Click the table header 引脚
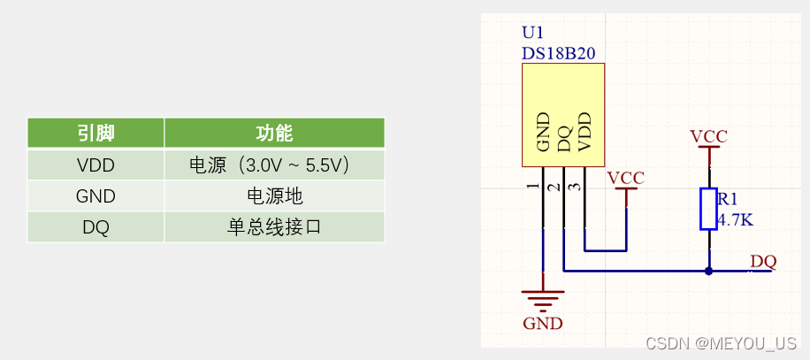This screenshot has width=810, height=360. (96, 134)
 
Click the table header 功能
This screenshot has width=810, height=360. (274, 134)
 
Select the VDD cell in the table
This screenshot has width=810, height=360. (96, 165)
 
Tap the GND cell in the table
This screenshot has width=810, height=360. (96, 196)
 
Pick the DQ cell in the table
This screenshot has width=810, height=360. (96, 227)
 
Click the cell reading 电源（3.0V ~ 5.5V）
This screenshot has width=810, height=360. (274, 165)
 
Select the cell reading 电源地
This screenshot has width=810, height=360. (274, 196)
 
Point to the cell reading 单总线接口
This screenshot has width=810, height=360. (274, 227)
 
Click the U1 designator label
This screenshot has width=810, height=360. (532, 34)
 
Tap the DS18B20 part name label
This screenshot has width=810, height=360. (557, 53)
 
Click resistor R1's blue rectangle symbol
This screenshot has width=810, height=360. (708, 209)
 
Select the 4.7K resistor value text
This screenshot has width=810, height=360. (735, 220)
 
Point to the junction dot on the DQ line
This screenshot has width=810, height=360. (708, 272)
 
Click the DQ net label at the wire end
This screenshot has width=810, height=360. (763, 261)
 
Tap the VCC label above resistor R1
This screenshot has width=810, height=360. (708, 136)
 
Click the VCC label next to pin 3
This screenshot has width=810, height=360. (626, 177)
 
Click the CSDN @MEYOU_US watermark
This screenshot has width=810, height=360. (721, 343)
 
